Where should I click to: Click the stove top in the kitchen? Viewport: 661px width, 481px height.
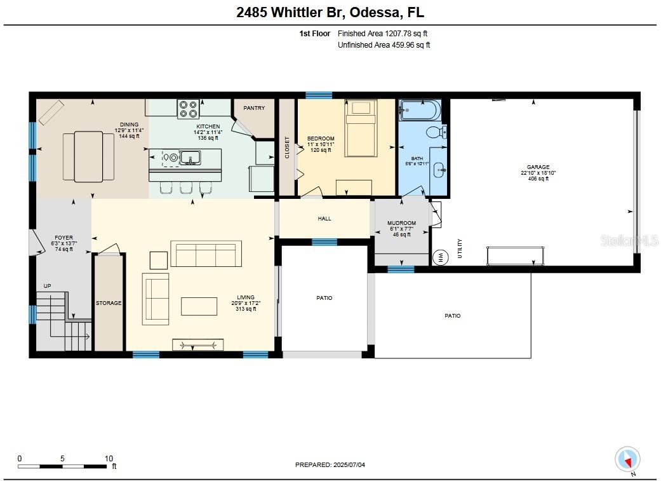(188, 109)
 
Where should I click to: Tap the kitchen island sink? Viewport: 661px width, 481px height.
(190, 158)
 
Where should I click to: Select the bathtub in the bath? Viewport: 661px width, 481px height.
(420, 110)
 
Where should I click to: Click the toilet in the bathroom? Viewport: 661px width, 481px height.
(436, 132)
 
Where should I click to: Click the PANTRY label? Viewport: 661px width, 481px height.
(254, 108)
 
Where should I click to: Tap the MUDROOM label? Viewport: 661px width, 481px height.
(402, 223)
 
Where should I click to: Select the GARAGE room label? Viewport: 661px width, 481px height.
(538, 167)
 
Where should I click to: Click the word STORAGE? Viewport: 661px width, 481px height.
(109, 303)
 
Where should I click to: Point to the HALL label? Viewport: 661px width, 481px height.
(324, 219)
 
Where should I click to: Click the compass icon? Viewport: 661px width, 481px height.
(628, 459)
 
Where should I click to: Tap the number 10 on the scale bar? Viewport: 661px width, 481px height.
(109, 459)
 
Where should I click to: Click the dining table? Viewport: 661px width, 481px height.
(88, 156)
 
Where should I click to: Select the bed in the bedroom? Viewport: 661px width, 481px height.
(361, 128)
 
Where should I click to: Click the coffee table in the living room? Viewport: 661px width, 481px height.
(199, 306)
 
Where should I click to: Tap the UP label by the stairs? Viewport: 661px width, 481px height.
(47, 286)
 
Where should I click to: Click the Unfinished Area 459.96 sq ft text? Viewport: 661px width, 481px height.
(384, 45)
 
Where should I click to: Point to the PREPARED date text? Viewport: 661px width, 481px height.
(330, 465)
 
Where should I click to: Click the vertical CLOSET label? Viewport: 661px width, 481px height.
(287, 147)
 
